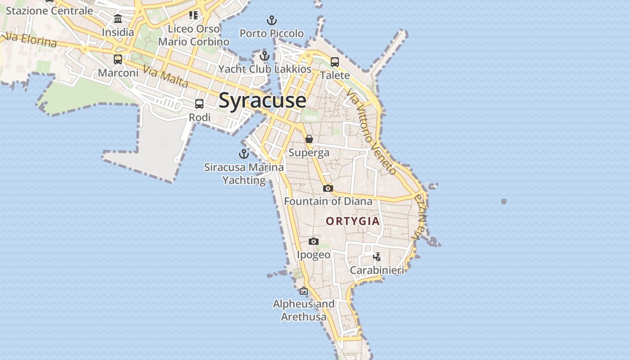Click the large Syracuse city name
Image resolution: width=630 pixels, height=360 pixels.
[262, 100]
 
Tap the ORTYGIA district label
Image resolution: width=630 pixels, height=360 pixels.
[353, 221]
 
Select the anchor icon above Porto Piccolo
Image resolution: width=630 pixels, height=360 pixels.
[271, 20]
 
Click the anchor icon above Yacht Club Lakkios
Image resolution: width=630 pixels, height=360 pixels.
[265, 56]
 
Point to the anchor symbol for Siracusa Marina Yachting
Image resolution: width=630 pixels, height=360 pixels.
[243, 154]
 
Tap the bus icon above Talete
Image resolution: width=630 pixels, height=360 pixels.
[335, 62]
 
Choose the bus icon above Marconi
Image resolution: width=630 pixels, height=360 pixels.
[118, 59]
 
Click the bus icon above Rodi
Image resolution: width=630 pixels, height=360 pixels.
[199, 104]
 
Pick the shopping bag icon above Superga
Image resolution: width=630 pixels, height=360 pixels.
[309, 139]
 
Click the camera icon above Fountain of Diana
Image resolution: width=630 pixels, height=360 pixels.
[328, 188]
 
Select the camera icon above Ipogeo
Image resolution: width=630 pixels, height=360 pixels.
[314, 242]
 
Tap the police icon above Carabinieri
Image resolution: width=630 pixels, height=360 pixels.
[377, 257]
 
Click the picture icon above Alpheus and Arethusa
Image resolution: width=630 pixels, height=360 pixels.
[304, 291]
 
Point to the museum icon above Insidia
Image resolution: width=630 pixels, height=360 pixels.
[118, 19]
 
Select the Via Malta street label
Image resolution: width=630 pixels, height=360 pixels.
[166, 76]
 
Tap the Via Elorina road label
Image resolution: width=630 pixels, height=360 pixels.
[31, 40]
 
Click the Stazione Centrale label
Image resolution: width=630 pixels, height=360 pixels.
[49, 11]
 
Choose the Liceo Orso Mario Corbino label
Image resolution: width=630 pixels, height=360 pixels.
[194, 35]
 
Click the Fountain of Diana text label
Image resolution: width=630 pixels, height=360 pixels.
[328, 202]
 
